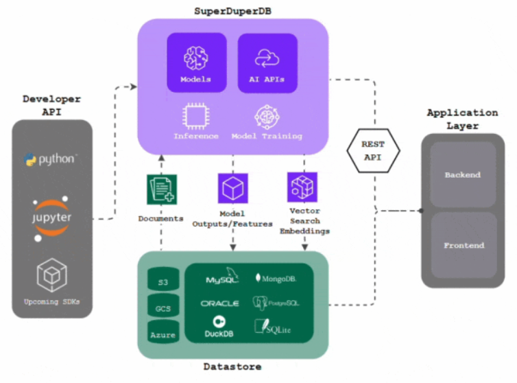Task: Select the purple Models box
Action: [197, 62]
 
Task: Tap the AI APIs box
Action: [267, 62]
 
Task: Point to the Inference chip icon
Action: [196, 115]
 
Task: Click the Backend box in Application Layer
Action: [463, 174]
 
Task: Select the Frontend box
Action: [464, 244]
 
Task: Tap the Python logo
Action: [51, 159]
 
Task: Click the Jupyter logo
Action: [52, 218]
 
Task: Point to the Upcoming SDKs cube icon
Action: [51, 274]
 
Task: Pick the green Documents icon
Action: [162, 189]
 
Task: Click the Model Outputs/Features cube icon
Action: [232, 187]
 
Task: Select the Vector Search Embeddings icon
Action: [302, 187]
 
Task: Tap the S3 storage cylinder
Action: [163, 281]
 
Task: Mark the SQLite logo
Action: [274, 327]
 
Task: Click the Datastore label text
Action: [232, 367]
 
